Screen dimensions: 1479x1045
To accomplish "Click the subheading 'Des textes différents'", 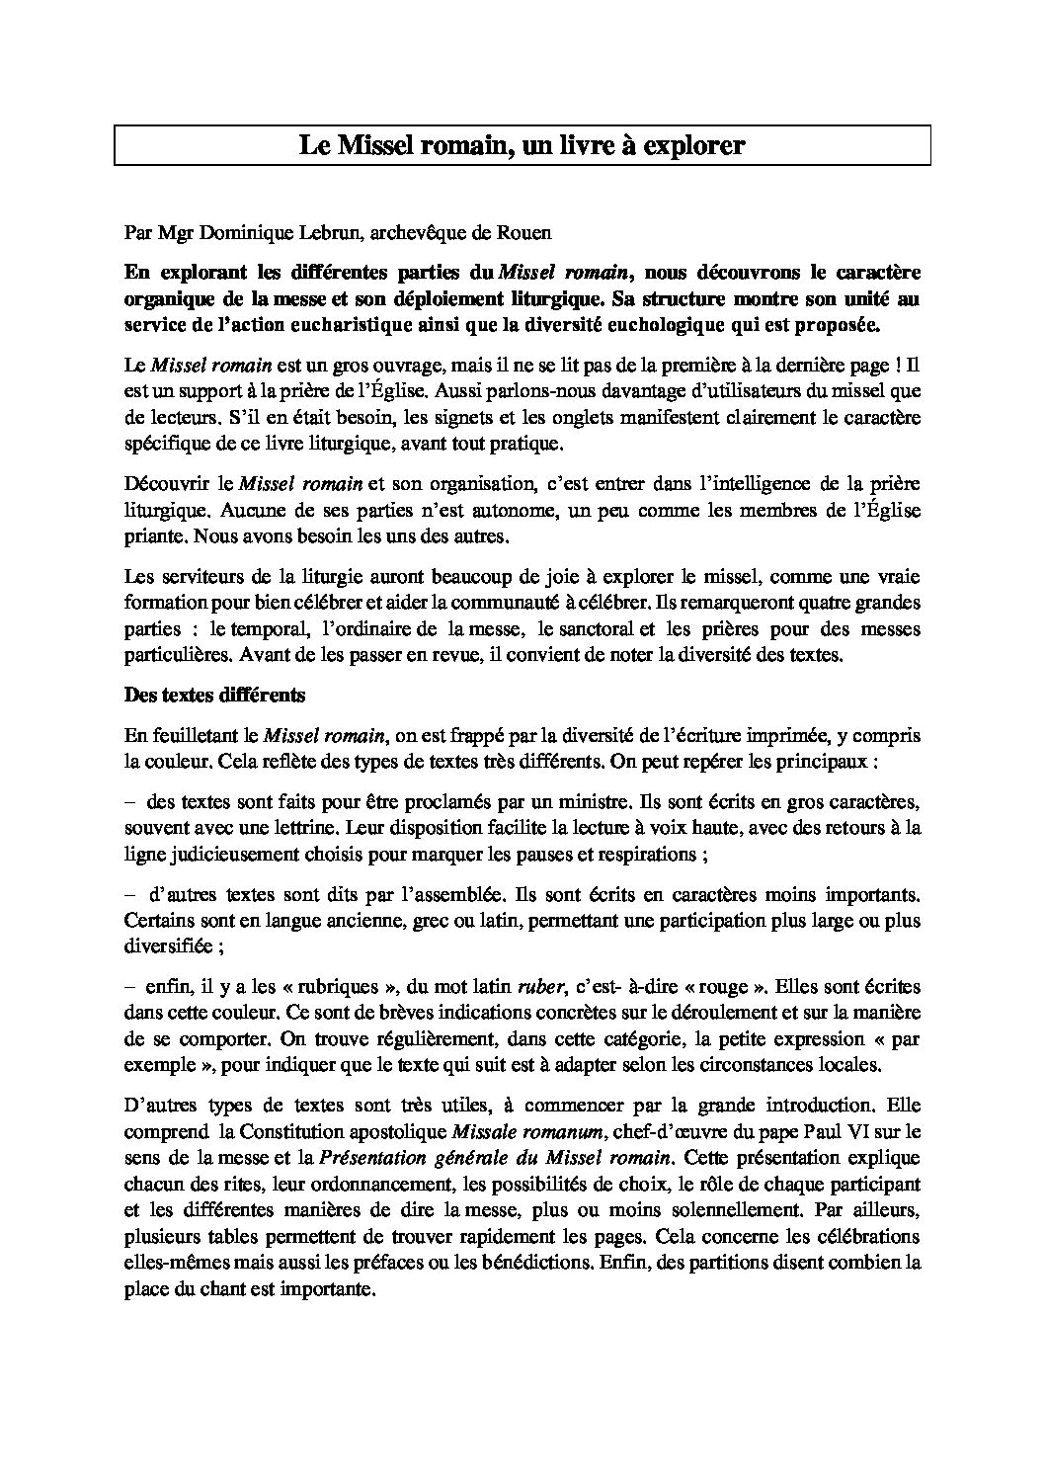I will pyautogui.click(x=215, y=695).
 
